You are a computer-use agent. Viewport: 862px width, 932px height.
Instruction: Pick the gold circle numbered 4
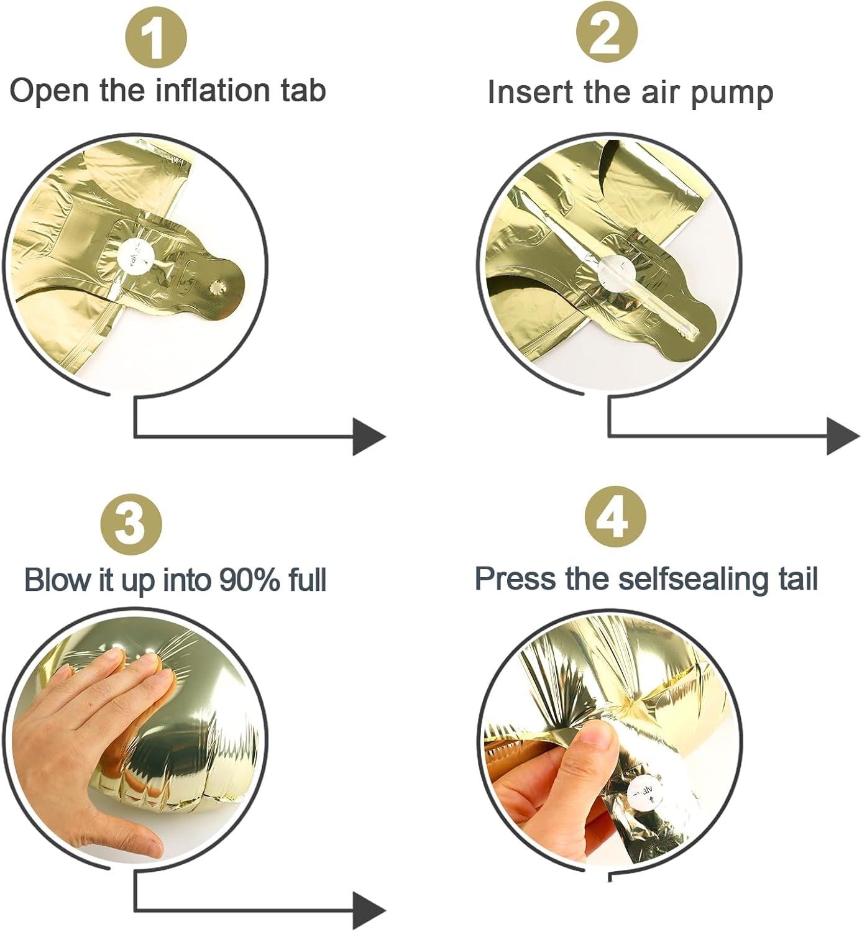click(x=615, y=518)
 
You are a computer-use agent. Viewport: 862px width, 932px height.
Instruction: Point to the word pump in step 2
click(x=732, y=94)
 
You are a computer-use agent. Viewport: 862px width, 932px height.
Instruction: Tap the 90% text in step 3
click(x=244, y=580)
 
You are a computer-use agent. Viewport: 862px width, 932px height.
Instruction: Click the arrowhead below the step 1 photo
click(x=369, y=437)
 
